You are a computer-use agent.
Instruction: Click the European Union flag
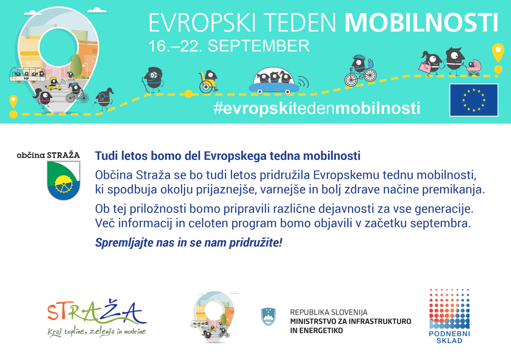click(x=474, y=100)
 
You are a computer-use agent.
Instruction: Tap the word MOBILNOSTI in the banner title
click(x=422, y=23)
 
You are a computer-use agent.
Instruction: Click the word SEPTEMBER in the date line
click(x=258, y=46)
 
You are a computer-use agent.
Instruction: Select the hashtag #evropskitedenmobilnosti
click(x=317, y=108)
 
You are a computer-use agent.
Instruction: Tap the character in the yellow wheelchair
click(x=208, y=81)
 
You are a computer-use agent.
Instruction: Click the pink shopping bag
click(x=425, y=66)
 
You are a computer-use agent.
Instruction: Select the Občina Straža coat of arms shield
click(x=63, y=180)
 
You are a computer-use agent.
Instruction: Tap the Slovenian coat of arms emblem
click(x=268, y=317)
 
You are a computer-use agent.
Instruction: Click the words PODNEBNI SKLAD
click(x=449, y=337)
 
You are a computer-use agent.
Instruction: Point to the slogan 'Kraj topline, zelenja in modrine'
click(x=97, y=332)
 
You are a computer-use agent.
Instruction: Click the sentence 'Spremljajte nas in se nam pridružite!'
click(x=189, y=243)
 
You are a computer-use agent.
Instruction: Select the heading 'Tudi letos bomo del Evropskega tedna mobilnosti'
click(x=228, y=156)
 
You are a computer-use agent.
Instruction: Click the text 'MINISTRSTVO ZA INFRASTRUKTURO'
click(x=350, y=321)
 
